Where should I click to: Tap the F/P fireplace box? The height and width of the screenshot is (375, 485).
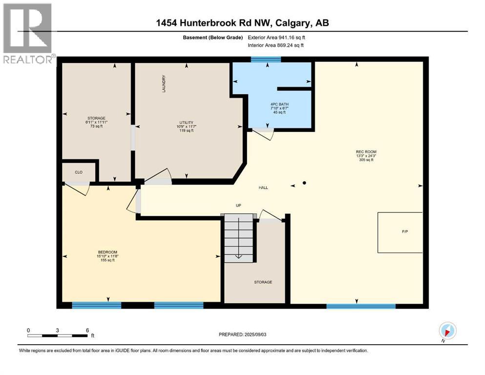[x=400, y=232]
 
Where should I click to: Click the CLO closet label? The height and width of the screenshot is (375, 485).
[x=79, y=172]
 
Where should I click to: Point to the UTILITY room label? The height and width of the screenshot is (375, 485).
[x=186, y=122]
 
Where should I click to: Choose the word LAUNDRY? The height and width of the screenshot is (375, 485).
[x=165, y=83]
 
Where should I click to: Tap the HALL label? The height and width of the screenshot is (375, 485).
[x=263, y=187]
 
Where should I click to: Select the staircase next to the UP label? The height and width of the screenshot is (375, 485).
[x=239, y=238]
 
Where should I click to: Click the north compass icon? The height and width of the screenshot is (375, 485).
[x=447, y=331]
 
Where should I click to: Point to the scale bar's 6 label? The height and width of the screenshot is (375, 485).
[x=87, y=330]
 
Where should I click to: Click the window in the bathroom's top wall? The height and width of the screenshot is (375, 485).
[x=266, y=60]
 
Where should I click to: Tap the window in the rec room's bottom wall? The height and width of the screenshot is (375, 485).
[x=360, y=306]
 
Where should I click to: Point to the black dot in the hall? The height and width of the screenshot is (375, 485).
[x=304, y=183]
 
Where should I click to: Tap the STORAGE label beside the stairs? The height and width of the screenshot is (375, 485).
[x=263, y=282]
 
